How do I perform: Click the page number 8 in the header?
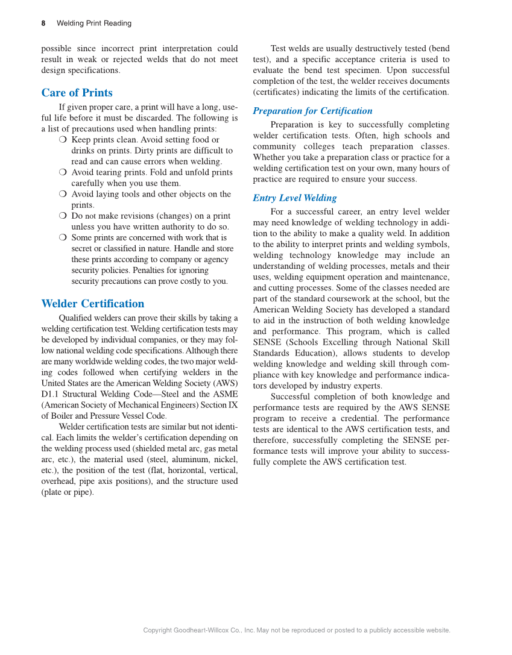[x=43, y=24]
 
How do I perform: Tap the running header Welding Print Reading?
[x=93, y=24]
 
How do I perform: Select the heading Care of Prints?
[x=77, y=93]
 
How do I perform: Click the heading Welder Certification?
[x=92, y=304]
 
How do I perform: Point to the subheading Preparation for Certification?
[x=312, y=111]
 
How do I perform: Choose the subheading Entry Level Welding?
[x=294, y=198]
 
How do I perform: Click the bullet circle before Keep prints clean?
[x=63, y=140]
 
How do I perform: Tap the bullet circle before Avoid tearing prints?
[x=63, y=172]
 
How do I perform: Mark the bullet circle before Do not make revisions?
[x=63, y=216]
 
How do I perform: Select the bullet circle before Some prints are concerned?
[x=63, y=237]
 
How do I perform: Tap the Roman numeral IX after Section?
[x=232, y=405]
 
